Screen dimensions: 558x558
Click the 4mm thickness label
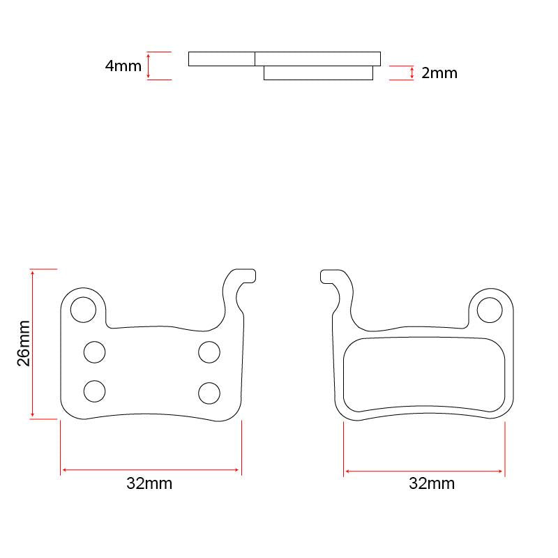(123, 66)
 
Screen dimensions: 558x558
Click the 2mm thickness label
(439, 73)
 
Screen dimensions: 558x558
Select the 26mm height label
(24, 343)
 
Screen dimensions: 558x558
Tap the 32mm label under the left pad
(149, 484)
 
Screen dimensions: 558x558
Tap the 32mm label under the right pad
(432, 484)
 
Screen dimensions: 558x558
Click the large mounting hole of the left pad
(84, 309)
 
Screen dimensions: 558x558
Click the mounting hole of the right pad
(490, 309)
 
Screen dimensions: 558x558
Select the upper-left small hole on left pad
(95, 352)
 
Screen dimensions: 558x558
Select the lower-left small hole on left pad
(95, 391)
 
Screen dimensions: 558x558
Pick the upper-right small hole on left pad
(209, 352)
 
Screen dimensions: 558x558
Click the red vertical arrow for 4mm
(149, 66)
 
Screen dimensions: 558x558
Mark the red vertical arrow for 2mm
(412, 73)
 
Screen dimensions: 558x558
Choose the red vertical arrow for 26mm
(33, 343)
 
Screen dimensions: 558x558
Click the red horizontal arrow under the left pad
(151, 471)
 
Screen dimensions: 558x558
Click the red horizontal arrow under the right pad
(424, 472)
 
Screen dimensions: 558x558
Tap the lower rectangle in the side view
(318, 73)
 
